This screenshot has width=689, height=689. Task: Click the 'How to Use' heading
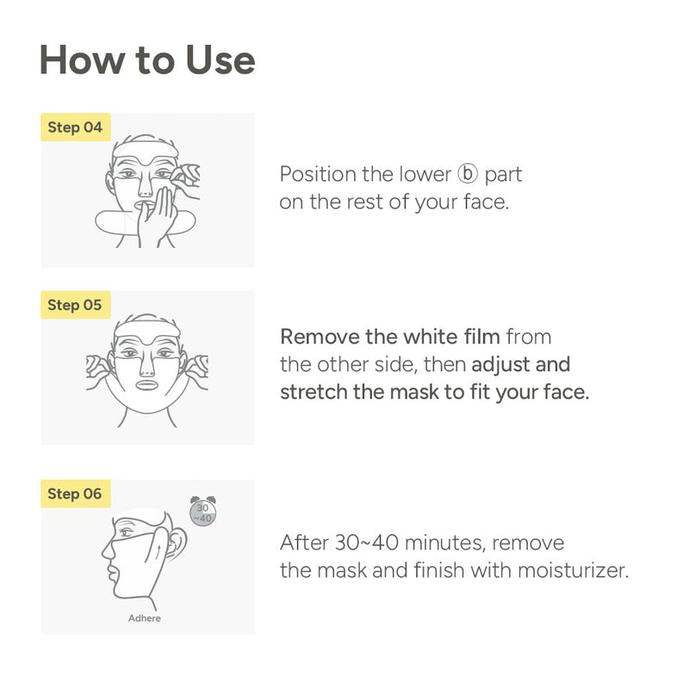[147, 59]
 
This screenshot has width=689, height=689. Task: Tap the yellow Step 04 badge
[75, 127]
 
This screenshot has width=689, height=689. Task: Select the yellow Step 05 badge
[75, 305]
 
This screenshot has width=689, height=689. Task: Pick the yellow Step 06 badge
[75, 493]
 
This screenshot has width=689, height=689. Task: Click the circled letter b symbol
[467, 175]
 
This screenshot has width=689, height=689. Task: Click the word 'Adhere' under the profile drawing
[145, 618]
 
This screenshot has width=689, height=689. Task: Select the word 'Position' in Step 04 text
[318, 175]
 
